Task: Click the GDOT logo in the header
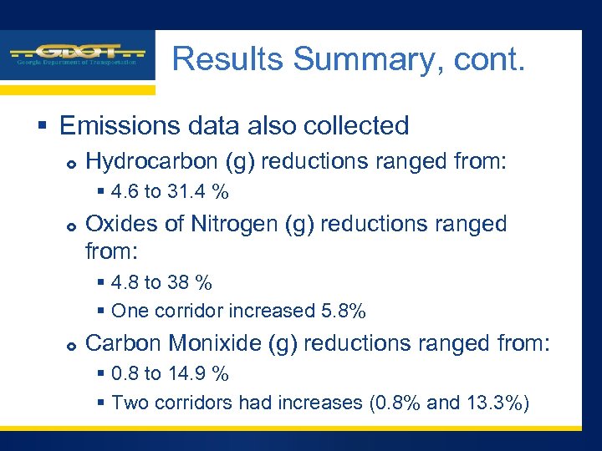(x=78, y=55)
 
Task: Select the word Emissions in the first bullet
(x=117, y=125)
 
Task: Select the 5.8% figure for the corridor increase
(x=343, y=312)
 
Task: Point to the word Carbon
(x=126, y=343)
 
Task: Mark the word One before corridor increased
(x=129, y=312)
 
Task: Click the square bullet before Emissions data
(x=41, y=127)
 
